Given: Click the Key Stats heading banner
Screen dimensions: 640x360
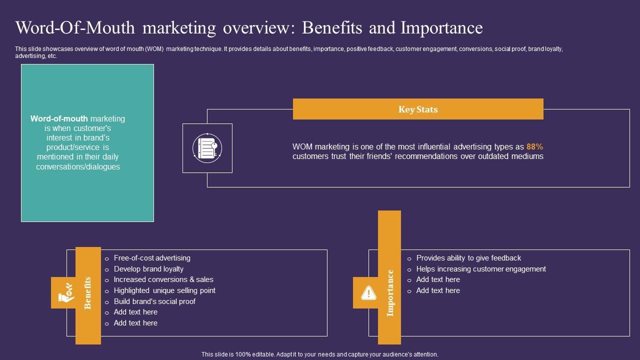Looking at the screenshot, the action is (x=418, y=109).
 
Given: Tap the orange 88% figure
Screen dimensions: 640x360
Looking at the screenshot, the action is (x=534, y=147).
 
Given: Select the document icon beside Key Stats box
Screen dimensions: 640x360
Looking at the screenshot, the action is (x=207, y=148).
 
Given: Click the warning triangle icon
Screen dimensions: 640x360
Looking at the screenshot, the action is (x=368, y=292).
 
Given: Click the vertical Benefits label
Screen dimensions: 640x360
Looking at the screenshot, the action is (x=88, y=293).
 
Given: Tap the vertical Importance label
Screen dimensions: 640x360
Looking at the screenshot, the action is (x=390, y=293).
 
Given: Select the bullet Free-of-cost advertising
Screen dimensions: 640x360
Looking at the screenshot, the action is (x=152, y=258).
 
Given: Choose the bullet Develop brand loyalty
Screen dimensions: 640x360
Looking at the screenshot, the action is (x=148, y=269).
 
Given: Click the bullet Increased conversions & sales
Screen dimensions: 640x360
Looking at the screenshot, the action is (x=163, y=279).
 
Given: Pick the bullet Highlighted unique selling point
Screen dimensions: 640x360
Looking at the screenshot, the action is (x=164, y=290).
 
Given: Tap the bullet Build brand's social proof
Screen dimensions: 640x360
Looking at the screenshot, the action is (x=154, y=301).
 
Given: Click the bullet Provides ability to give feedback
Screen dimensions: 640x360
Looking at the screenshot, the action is (x=468, y=258).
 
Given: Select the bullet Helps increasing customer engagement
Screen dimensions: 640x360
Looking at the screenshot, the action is (x=481, y=269).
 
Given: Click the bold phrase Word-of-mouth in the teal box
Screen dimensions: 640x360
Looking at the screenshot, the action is (x=59, y=119).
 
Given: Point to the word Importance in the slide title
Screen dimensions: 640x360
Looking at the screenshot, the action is (x=441, y=28).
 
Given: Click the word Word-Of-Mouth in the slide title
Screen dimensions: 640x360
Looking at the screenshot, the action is (x=75, y=28).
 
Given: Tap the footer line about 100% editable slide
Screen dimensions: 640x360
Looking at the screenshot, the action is (x=320, y=354).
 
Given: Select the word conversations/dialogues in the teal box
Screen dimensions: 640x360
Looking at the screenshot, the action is (x=78, y=167).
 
